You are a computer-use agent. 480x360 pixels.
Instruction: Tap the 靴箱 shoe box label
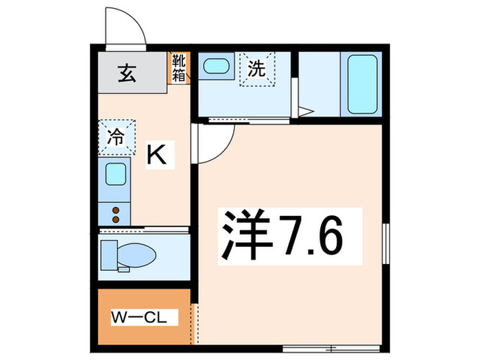point(178,68)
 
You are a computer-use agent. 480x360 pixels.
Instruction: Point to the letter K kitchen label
point(158,155)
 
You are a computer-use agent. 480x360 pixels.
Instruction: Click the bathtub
point(364,84)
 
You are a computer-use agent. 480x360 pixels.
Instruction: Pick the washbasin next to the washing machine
point(217,68)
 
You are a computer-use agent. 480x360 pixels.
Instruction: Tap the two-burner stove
point(115,215)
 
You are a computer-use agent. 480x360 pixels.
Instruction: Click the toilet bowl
point(134,255)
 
